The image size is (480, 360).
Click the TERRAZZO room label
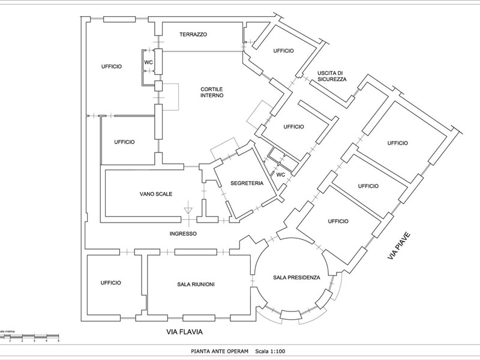tap(193, 35)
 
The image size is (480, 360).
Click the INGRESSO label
tap(183, 233)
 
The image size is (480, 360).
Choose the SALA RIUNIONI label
tap(196, 284)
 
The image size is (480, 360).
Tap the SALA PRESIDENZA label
tap(296, 278)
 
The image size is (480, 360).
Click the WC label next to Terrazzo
tap(148, 62)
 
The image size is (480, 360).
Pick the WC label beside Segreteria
tap(280, 175)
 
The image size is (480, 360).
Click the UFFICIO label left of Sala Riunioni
tap(111, 283)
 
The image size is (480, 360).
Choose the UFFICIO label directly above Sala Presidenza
tap(338, 221)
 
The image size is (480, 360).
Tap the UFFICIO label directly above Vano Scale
tap(124, 142)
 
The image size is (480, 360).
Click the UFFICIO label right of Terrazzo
tap(283, 51)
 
